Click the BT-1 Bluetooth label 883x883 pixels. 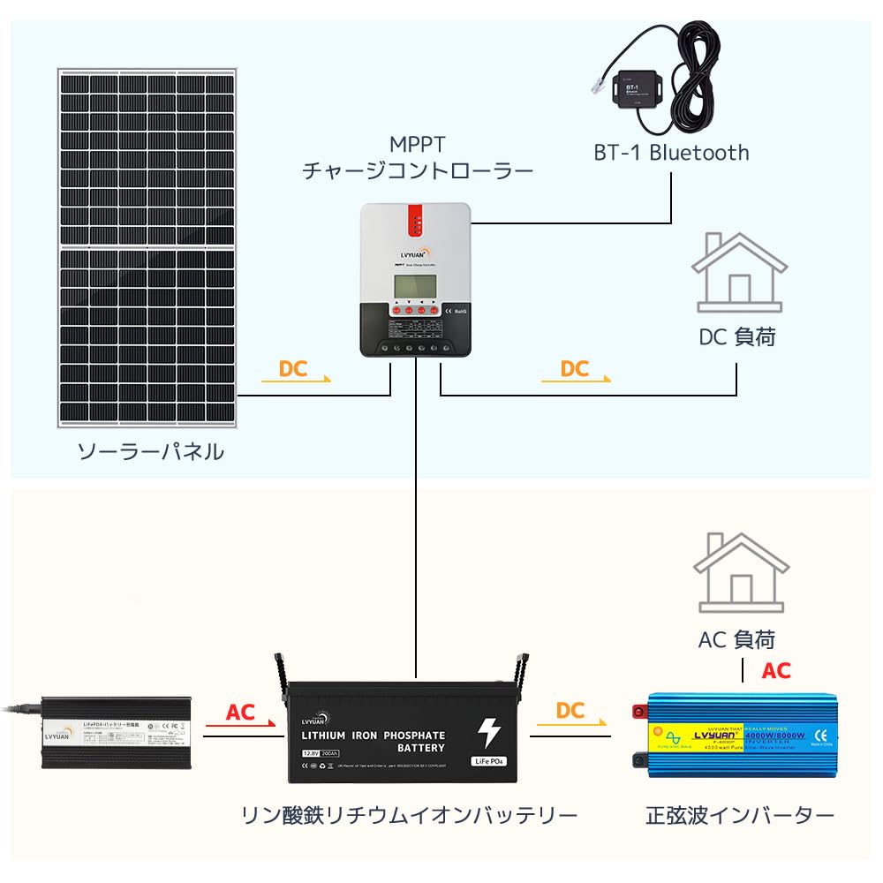pyautogui.click(x=671, y=153)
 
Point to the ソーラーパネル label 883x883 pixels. pyautogui.click(x=150, y=452)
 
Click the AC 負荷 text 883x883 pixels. pyautogui.click(x=736, y=638)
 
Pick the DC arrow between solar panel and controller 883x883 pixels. pyautogui.click(x=296, y=372)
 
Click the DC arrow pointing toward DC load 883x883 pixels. pyautogui.click(x=577, y=372)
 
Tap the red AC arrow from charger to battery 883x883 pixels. pyautogui.click(x=240, y=716)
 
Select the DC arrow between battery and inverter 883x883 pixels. pyautogui.click(x=570, y=715)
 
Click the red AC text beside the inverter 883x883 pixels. pyautogui.click(x=776, y=671)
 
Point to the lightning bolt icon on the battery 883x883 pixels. pyautogui.click(x=487, y=733)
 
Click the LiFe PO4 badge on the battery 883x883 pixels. pyautogui.click(x=487, y=760)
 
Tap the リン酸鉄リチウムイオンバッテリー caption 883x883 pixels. pyautogui.click(x=409, y=814)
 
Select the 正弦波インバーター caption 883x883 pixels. pyautogui.click(x=739, y=814)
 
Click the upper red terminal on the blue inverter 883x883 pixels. pyautogui.click(x=638, y=711)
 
